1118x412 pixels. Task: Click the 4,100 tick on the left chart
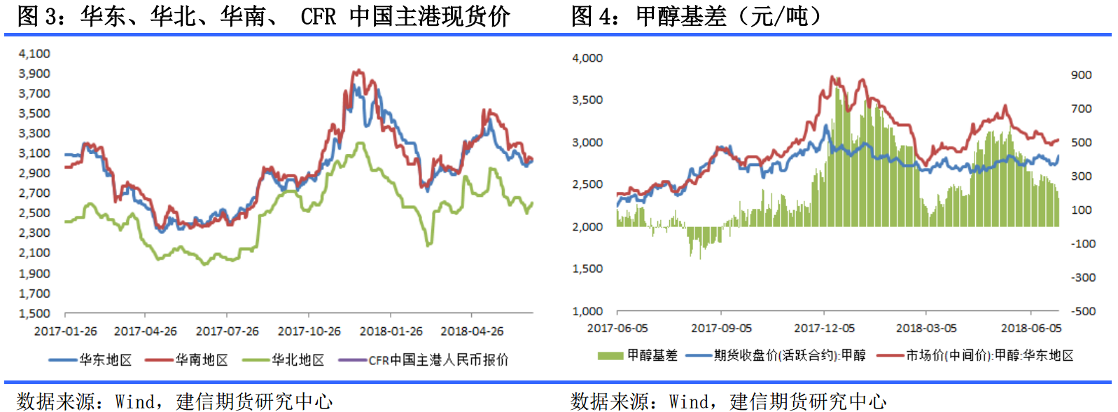point(34,53)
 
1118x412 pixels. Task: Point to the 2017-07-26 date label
point(227,331)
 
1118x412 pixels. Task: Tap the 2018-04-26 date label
point(472,331)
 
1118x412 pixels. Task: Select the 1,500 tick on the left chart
point(34,313)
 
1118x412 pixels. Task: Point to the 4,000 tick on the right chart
point(587,58)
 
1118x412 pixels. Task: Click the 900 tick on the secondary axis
point(1081,75)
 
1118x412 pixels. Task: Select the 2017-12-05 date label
point(824,328)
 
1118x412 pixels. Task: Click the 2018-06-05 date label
point(1030,328)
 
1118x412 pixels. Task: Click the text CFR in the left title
point(319,16)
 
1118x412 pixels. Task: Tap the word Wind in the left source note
point(134,401)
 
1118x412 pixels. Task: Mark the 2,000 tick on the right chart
point(587,226)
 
